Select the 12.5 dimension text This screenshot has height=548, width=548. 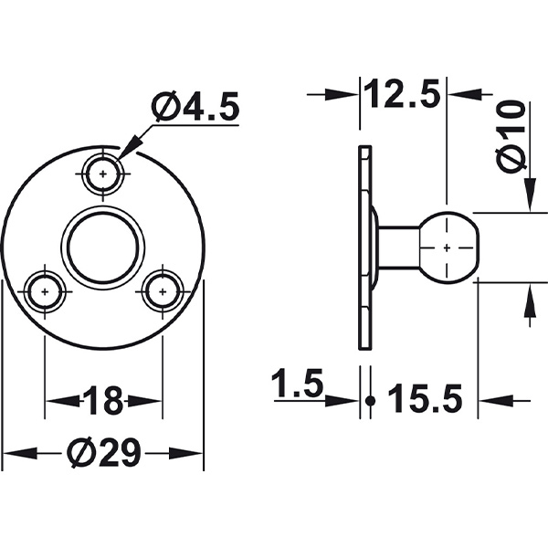click(x=403, y=93)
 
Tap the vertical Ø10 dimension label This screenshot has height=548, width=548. click(x=512, y=137)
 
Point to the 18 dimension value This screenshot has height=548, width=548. click(x=102, y=400)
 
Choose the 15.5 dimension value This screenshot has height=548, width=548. click(x=426, y=399)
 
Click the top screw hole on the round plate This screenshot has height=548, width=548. click(x=103, y=172)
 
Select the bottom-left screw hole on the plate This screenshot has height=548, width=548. click(x=44, y=292)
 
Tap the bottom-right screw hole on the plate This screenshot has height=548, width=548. click(x=162, y=292)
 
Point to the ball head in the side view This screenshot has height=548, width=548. click(x=447, y=247)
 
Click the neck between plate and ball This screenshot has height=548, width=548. click(x=398, y=247)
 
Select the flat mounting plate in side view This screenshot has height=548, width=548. click(x=365, y=247)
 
